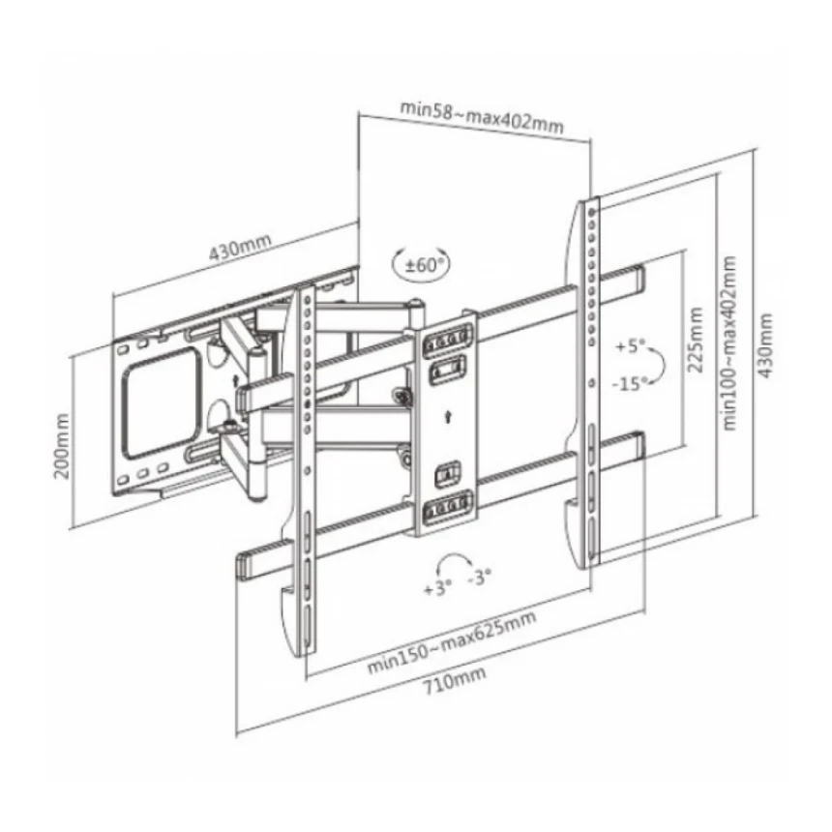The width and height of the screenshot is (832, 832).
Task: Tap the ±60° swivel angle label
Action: pos(425,264)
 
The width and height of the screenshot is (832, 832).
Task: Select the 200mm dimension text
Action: pos(63,446)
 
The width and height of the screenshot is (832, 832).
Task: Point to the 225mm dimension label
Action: pos(695,340)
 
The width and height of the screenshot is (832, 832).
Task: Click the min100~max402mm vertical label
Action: pos(730,343)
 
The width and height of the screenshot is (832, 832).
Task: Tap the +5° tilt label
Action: pos(631,346)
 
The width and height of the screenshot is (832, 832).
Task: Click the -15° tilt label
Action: pos(631,382)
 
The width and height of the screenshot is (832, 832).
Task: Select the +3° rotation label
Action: pos(437,588)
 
